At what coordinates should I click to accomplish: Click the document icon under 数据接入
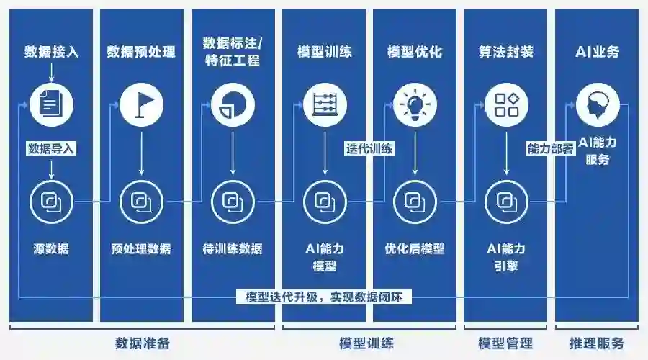(50, 105)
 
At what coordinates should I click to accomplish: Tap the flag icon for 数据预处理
(141, 105)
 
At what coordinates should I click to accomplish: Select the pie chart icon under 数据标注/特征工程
(232, 105)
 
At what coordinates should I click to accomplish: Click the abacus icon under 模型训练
(325, 105)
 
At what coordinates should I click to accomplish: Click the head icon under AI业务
(598, 105)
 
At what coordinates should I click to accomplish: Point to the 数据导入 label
(51, 149)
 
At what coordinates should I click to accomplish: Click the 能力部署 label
(551, 149)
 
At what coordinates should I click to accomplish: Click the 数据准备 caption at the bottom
(142, 343)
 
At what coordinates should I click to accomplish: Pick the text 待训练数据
(232, 249)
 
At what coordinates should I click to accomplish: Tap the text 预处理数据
(141, 249)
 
